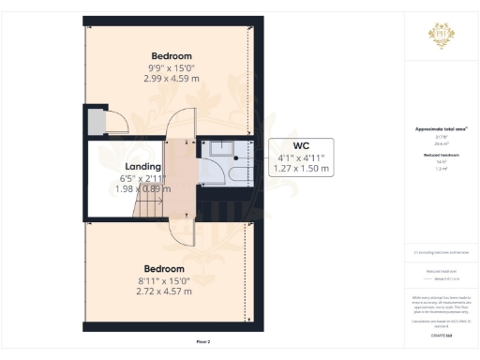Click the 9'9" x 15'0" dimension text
(x=168, y=67)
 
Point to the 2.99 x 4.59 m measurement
(x=169, y=78)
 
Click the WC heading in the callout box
(x=300, y=146)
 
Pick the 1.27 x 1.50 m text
(x=300, y=169)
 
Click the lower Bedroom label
(x=164, y=269)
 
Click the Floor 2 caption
(x=203, y=342)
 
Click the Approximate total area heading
(x=441, y=128)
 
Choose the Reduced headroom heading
(x=441, y=156)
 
